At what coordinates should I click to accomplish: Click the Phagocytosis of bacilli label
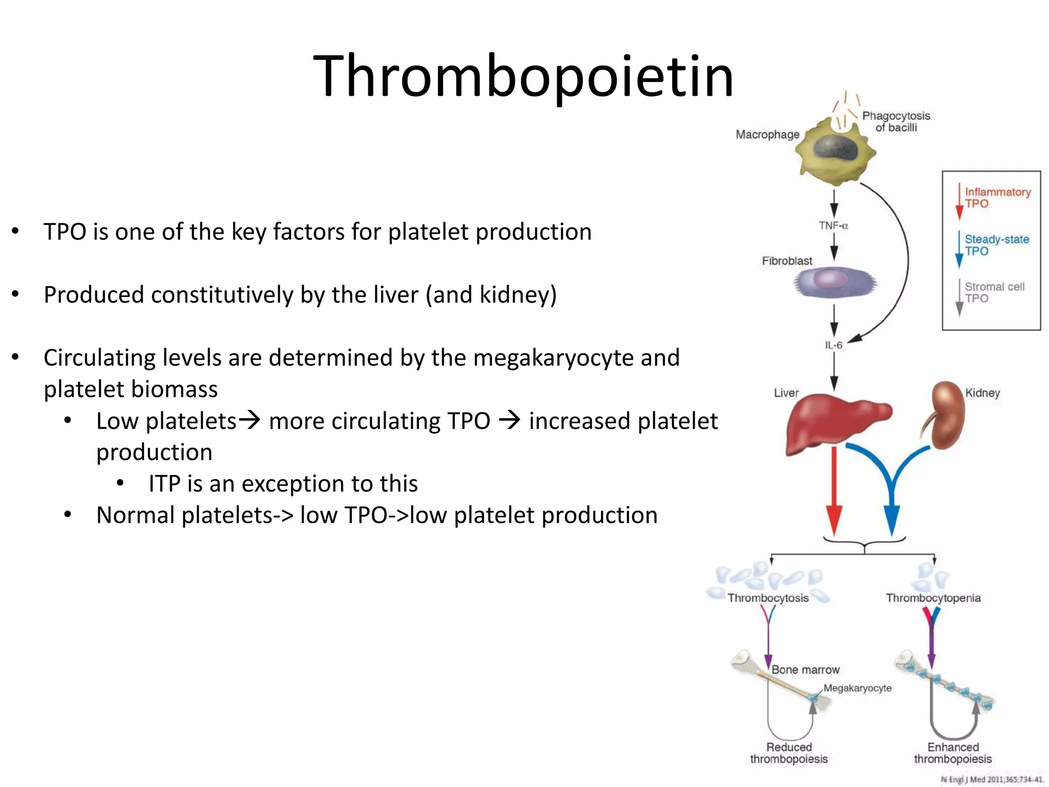[896, 122]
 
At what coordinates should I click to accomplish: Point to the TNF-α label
[833, 225]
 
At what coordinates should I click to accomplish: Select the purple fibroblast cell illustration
[835, 282]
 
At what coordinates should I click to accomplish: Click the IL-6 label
[833, 345]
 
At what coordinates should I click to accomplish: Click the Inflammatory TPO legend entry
[996, 198]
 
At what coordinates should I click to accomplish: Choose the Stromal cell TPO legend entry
[994, 293]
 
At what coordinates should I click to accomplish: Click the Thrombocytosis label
[768, 598]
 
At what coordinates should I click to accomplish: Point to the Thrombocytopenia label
[933, 598]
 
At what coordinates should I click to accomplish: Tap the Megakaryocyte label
[857, 688]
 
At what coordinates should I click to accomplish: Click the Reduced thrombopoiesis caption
[789, 753]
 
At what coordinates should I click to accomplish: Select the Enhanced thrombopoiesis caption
[953, 753]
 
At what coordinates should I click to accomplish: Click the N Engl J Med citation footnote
[991, 779]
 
